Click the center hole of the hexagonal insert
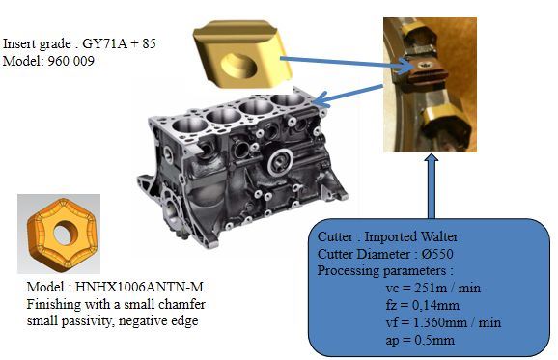coord(66,233)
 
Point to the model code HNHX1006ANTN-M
coord(139,287)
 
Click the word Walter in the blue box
coord(439,236)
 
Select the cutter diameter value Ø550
coord(437,254)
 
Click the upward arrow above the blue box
coord(432,186)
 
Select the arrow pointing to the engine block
coord(348,96)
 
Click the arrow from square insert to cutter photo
coord(346,64)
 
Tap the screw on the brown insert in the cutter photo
coord(424,65)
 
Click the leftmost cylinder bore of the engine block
coord(189,125)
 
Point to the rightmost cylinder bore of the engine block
coord(288,100)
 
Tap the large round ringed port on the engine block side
coord(281,162)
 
